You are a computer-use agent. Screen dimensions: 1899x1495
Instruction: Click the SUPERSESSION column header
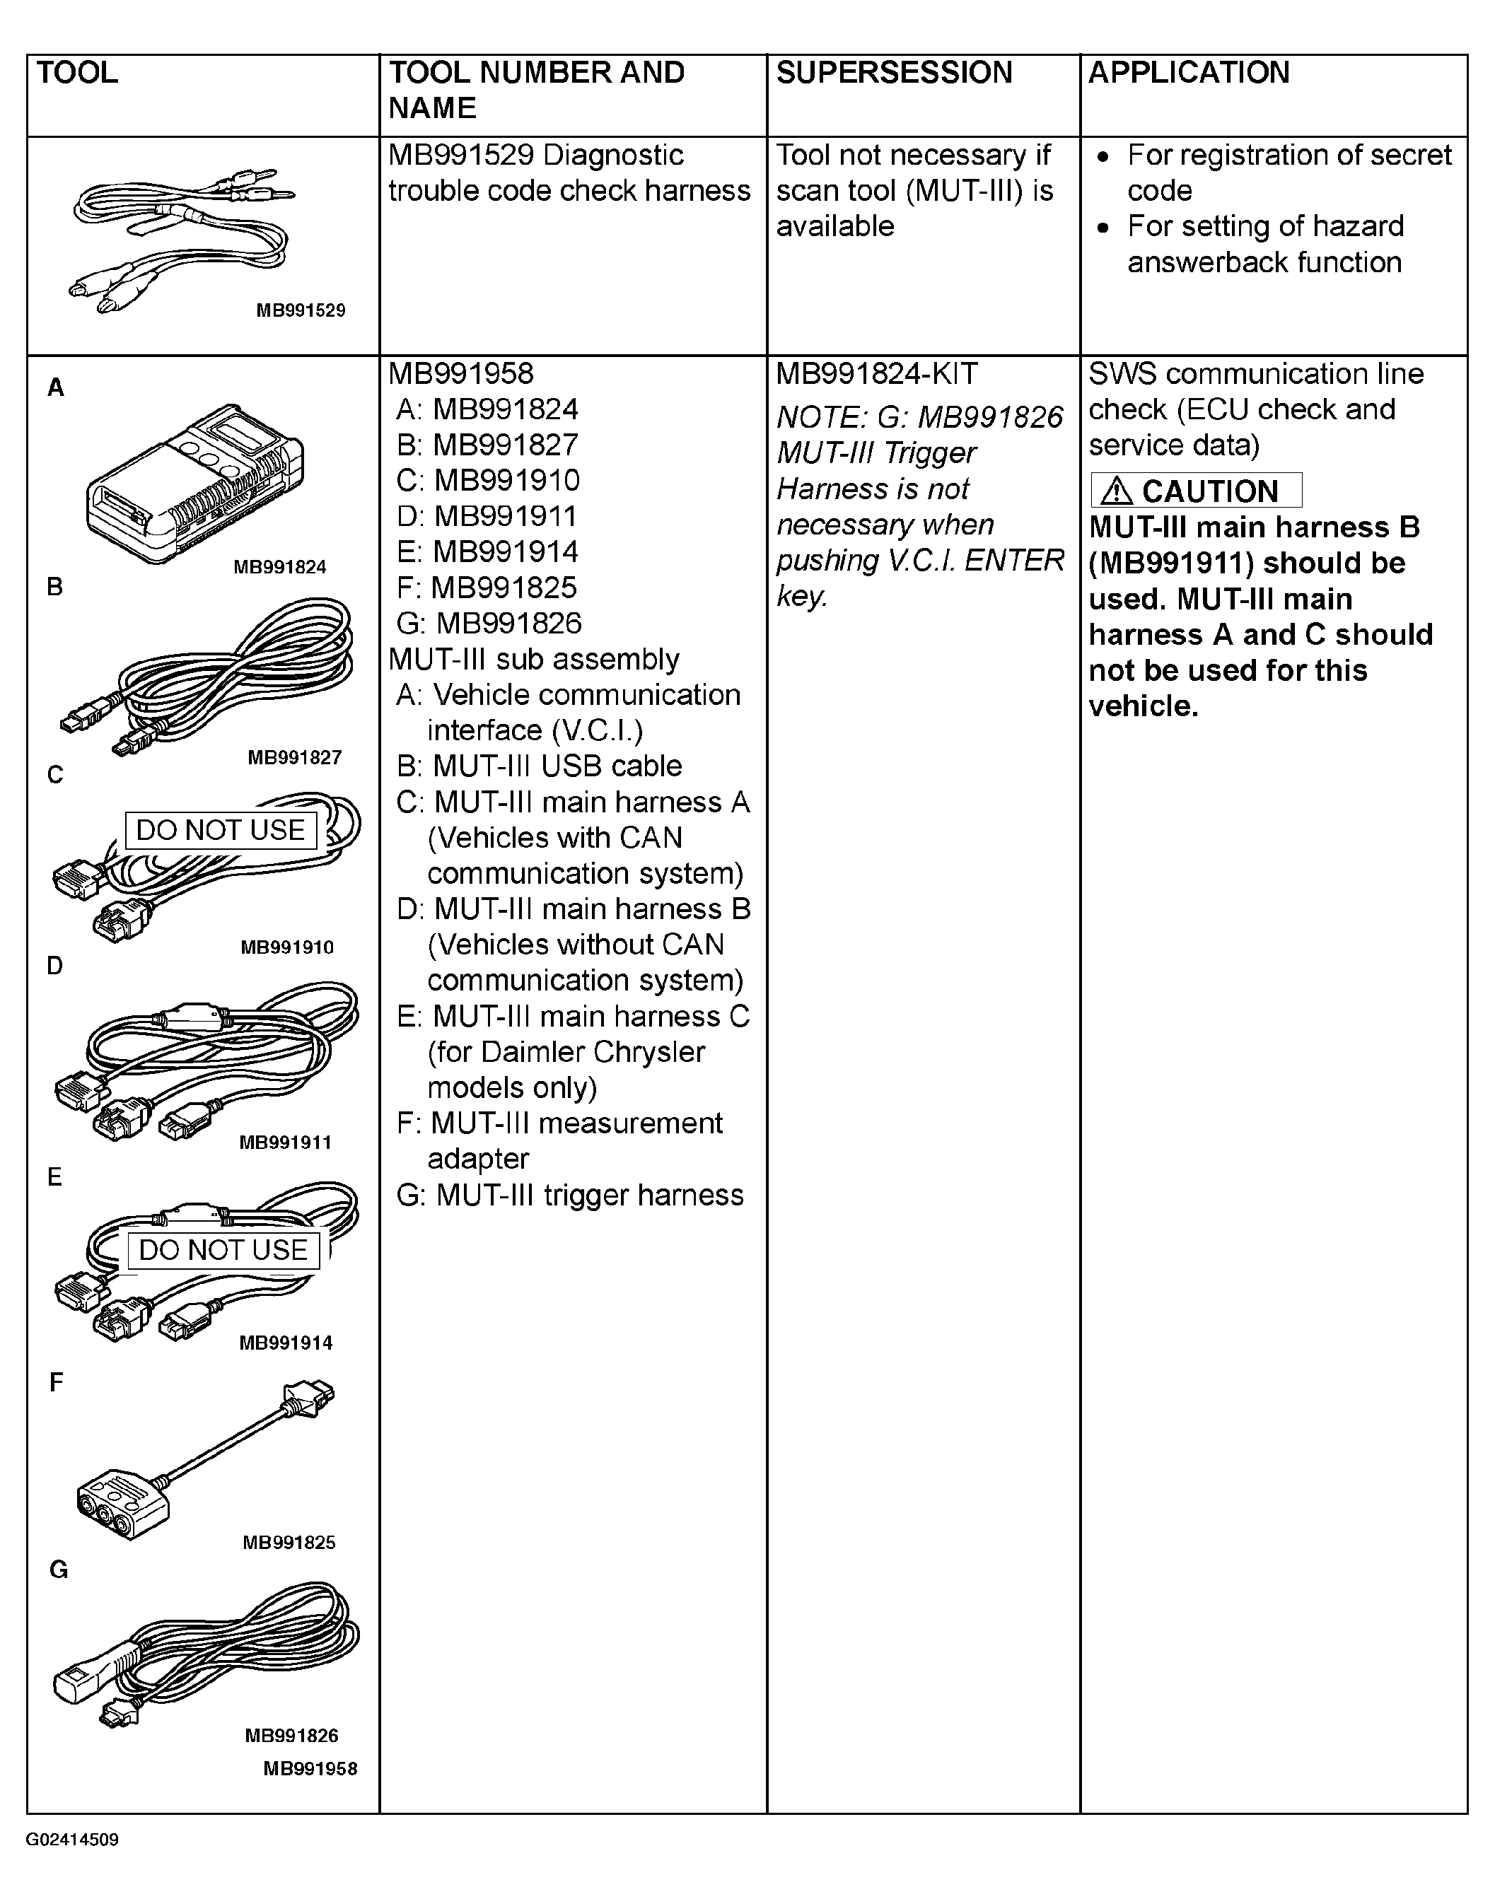[x=894, y=73]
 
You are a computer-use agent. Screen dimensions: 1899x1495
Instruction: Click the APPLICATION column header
[x=1189, y=73]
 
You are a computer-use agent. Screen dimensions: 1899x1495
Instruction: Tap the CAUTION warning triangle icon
[x=1117, y=492]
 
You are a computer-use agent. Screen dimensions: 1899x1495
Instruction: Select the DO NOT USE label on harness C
[x=221, y=829]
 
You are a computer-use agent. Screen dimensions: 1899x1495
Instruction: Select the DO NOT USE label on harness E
[x=223, y=1250]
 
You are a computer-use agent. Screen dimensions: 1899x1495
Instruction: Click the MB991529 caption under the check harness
[x=301, y=310]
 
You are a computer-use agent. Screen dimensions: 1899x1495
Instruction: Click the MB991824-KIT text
[x=876, y=375]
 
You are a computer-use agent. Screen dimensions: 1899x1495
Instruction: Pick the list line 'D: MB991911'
[x=487, y=516]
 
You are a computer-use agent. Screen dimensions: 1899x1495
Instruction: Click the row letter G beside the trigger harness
[x=58, y=1570]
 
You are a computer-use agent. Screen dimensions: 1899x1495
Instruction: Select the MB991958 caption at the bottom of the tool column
[x=310, y=1769]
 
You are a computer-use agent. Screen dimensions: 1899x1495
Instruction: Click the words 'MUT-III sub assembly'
[x=534, y=659]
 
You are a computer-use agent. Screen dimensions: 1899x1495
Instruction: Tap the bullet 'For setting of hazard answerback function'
[x=1264, y=244]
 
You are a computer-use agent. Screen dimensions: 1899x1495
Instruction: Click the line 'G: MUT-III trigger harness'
[x=570, y=1195]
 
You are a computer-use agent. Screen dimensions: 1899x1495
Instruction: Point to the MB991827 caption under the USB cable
[x=294, y=758]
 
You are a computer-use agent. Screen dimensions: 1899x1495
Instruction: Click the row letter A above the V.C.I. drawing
[x=56, y=387]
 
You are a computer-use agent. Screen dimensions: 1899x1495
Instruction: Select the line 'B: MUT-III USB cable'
[x=539, y=766]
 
